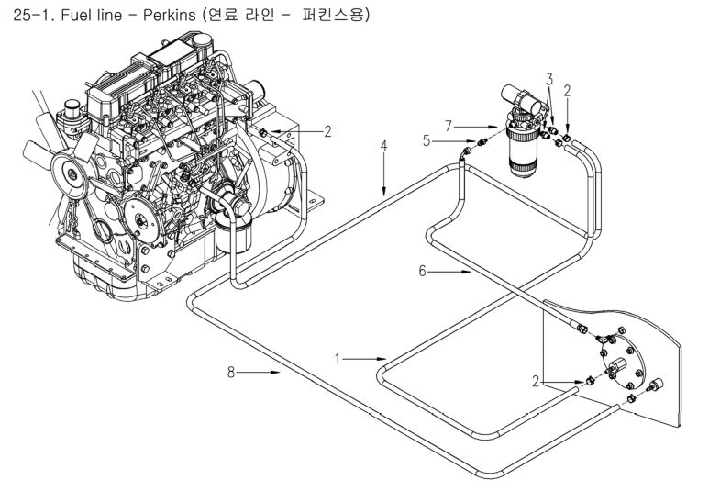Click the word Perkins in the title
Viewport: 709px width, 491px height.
click(169, 15)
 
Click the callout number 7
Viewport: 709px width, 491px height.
click(449, 126)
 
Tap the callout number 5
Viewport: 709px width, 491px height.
click(427, 140)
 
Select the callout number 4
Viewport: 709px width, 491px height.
click(384, 146)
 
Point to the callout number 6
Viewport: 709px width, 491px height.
click(422, 271)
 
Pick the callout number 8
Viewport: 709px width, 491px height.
click(231, 373)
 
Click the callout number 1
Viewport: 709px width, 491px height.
click(337, 359)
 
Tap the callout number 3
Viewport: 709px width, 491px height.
click(549, 80)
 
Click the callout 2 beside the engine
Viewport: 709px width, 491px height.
click(327, 131)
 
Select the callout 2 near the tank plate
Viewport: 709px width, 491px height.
click(536, 382)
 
